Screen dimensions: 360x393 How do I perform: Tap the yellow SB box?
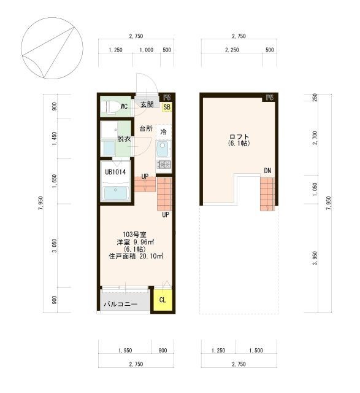pyautogui.click(x=167, y=107)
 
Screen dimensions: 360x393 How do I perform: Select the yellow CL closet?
pyautogui.click(x=163, y=300)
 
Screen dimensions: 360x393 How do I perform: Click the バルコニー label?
pyautogui.click(x=121, y=305)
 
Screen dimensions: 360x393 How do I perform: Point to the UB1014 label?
pyautogui.click(x=115, y=172)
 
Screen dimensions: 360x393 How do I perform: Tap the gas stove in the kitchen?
pyautogui.click(x=164, y=164)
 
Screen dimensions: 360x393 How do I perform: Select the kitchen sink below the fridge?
pyautogui.click(x=164, y=149)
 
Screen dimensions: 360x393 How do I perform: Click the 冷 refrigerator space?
pyautogui.click(x=164, y=132)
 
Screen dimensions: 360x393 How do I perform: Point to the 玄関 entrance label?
pyautogui.click(x=147, y=104)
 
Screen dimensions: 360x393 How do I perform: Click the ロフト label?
pyautogui.click(x=239, y=137)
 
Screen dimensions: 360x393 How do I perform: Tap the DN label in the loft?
pyautogui.click(x=267, y=171)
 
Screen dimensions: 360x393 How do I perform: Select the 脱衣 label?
pyautogui.click(x=124, y=139)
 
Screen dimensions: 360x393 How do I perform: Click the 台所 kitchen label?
pyautogui.click(x=146, y=129)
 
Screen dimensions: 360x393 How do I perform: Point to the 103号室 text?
pyautogui.click(x=135, y=235)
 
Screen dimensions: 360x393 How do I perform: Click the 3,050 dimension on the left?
pyautogui.click(x=55, y=246)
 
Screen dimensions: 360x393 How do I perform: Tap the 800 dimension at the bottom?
pyautogui.click(x=163, y=350)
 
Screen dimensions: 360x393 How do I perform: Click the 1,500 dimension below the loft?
pyautogui.click(x=256, y=350)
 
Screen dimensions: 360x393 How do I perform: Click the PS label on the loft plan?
pyautogui.click(x=270, y=97)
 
